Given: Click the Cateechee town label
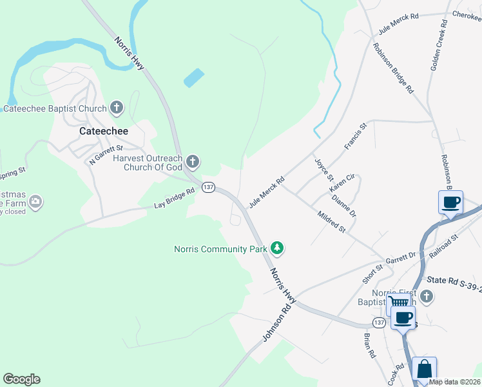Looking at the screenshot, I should pyautogui.click(x=103, y=131).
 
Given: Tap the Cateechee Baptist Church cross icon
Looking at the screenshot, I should pyautogui.click(x=117, y=108).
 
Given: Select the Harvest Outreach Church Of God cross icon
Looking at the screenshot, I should pyautogui.click(x=192, y=161).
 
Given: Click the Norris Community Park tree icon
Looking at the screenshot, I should pyautogui.click(x=277, y=248).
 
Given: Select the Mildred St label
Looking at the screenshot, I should pyautogui.click(x=332, y=220).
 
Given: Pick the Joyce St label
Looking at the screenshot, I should pyautogui.click(x=324, y=169).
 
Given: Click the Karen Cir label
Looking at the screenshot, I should pyautogui.click(x=342, y=183).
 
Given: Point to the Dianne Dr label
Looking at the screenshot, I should pyautogui.click(x=343, y=205).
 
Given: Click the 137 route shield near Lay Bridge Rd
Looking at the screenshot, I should pyautogui.click(x=207, y=187).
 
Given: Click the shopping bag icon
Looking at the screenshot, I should pyautogui.click(x=424, y=370).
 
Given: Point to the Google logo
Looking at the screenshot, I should pyautogui.click(x=21, y=379).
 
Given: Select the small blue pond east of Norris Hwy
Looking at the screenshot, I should pyautogui.click(x=194, y=78).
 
